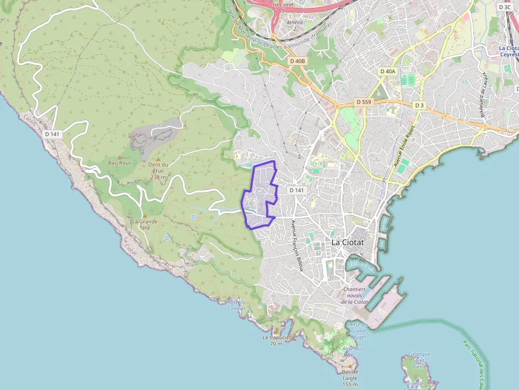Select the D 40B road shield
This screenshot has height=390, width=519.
click(298, 61)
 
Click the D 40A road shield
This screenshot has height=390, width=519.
click(388, 71)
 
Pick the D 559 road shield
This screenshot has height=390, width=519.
click(363, 102)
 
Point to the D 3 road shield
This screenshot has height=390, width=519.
click(419, 105)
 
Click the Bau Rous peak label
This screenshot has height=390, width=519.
click(120, 163)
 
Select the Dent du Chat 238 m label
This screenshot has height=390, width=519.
click(158, 170)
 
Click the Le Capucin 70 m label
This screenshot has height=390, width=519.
click(276, 340)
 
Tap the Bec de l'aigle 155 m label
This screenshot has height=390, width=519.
click(350, 378)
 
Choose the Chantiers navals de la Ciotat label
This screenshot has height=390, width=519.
click(354, 295)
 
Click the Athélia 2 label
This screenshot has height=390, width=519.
click(294, 25)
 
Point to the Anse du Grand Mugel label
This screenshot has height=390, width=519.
click(359, 331)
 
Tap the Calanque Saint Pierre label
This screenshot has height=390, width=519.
click(418, 360)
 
